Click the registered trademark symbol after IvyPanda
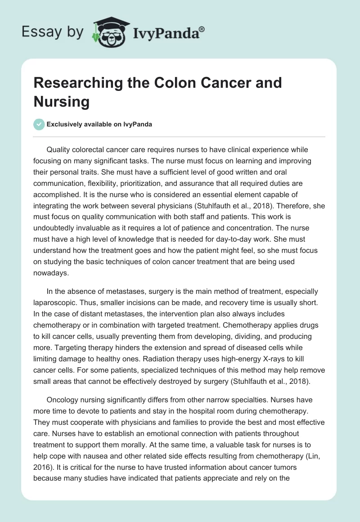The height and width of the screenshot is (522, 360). [x=202, y=29]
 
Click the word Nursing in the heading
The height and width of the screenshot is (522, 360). [x=62, y=102]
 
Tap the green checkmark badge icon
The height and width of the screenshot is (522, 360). [x=39, y=124]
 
